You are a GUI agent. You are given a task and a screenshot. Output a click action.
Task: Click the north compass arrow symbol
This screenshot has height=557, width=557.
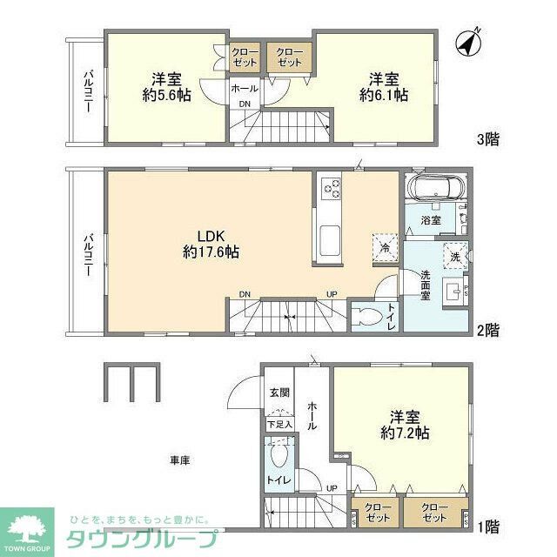click(473, 43)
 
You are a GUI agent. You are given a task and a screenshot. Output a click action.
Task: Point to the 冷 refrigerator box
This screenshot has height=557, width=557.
click(384, 245)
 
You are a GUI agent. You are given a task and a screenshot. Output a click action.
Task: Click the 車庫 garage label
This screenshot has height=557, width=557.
click(180, 459)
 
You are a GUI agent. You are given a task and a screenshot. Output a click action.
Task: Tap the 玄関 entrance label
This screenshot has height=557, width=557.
click(278, 393)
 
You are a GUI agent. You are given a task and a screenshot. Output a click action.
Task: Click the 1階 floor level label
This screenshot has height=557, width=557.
click(487, 526)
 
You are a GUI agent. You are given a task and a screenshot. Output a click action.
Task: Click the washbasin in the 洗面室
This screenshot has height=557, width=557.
click(452, 292)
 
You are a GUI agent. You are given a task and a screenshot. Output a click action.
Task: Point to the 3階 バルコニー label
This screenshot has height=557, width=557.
click(88, 92)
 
